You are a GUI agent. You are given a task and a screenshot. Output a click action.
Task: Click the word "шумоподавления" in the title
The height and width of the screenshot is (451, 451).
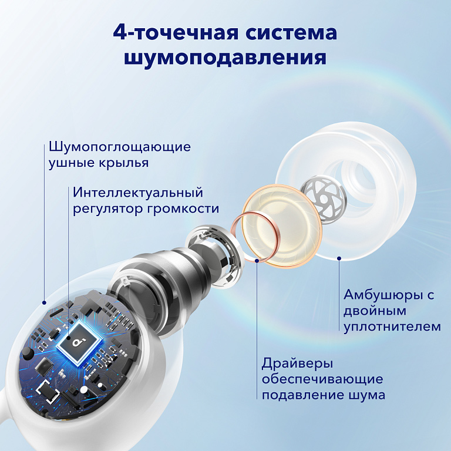click(x=225, y=58)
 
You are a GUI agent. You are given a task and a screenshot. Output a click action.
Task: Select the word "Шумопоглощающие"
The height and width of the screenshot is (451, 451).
click(x=120, y=146)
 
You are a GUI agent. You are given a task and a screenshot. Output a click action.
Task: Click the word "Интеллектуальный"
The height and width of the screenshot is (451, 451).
click(x=138, y=193)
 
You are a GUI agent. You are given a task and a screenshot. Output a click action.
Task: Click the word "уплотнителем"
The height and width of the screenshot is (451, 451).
click(x=392, y=326)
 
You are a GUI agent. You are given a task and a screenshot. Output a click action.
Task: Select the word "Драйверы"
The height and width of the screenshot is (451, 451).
click(x=290, y=363)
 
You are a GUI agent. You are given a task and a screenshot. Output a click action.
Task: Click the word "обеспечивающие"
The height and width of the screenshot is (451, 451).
click(x=322, y=379)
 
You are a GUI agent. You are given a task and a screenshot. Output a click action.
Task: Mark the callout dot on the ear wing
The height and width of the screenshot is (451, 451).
click(x=44, y=303)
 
